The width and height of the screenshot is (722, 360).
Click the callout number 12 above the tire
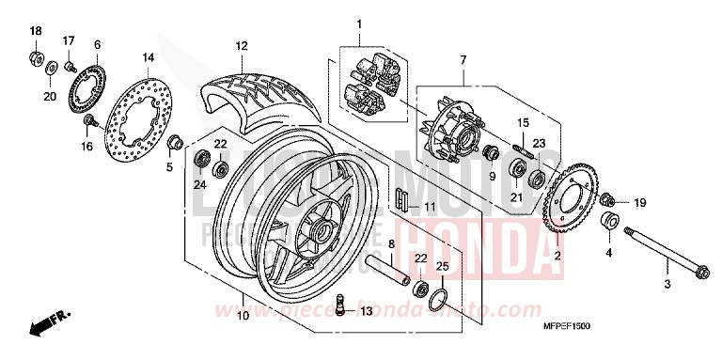(x=241, y=45)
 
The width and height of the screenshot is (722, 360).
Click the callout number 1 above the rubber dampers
(x=358, y=22)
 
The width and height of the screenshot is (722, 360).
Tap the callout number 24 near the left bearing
(x=198, y=184)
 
